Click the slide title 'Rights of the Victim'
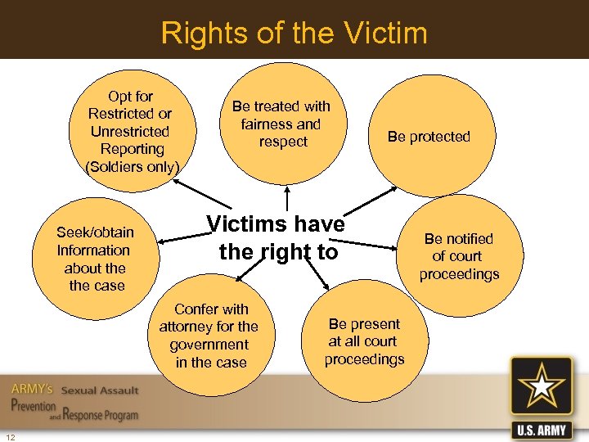tap(294, 34)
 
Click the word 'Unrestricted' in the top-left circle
tap(130, 132)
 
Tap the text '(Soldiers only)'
tap(132, 167)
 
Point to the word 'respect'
tap(283, 142)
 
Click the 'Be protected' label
tap(429, 137)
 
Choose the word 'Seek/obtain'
tap(95, 232)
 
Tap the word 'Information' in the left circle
tap(93, 250)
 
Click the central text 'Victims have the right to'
tap(277, 237)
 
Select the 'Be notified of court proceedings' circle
tap(459, 256)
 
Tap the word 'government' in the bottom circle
tap(209, 345)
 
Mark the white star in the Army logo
tap(541, 387)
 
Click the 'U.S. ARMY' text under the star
tap(541, 429)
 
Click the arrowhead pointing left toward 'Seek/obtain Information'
tap(161, 241)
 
